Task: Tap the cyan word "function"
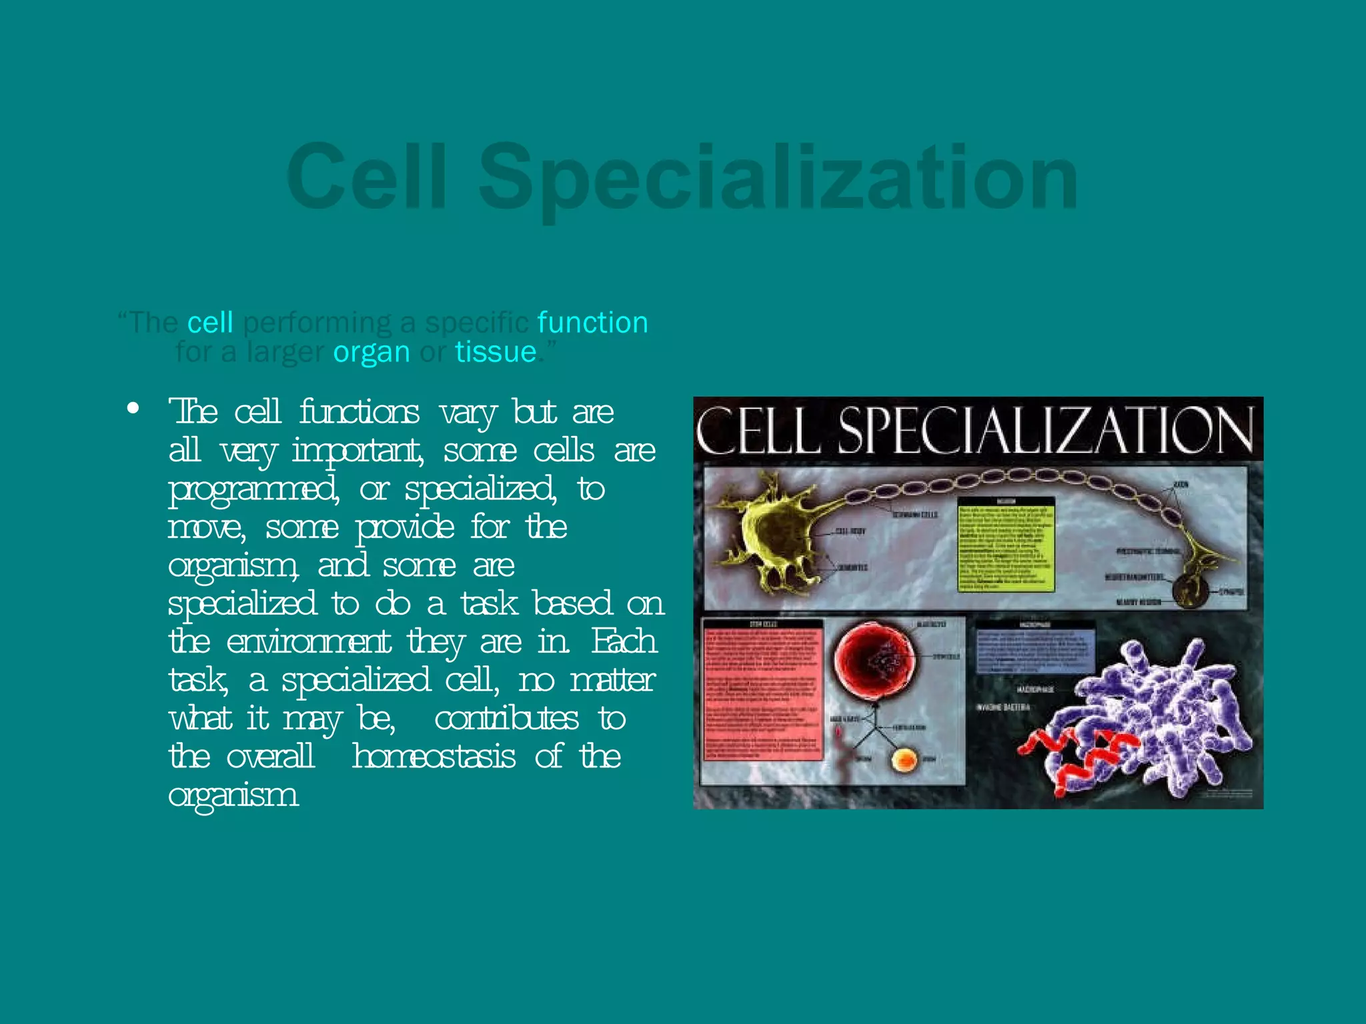coord(592,323)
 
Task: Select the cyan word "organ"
coord(372,352)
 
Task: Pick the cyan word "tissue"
coord(496,352)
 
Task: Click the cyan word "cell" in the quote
coord(210,323)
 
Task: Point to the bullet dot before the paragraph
coord(133,408)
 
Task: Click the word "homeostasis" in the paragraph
coord(434,757)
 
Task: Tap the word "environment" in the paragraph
coord(308,643)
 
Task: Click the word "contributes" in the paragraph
coord(506,719)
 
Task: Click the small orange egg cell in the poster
coord(905,760)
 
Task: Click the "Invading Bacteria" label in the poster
coord(1003,707)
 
